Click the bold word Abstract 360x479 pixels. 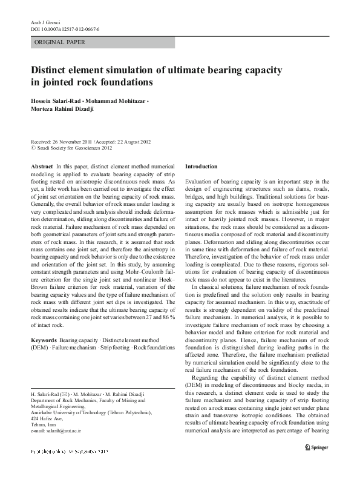click(x=41, y=165)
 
